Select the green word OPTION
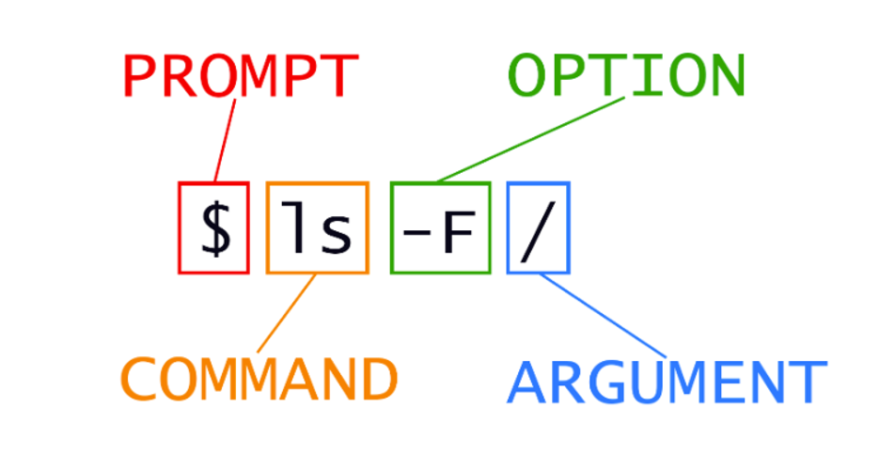[626, 75]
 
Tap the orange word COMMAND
[259, 378]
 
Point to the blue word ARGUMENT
[667, 382]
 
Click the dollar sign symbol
[215, 228]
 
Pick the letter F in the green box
[456, 229]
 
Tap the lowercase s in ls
[337, 232]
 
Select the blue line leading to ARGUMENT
[606, 316]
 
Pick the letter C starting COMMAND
[140, 378]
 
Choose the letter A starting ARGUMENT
[528, 382]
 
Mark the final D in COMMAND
[378, 378]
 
